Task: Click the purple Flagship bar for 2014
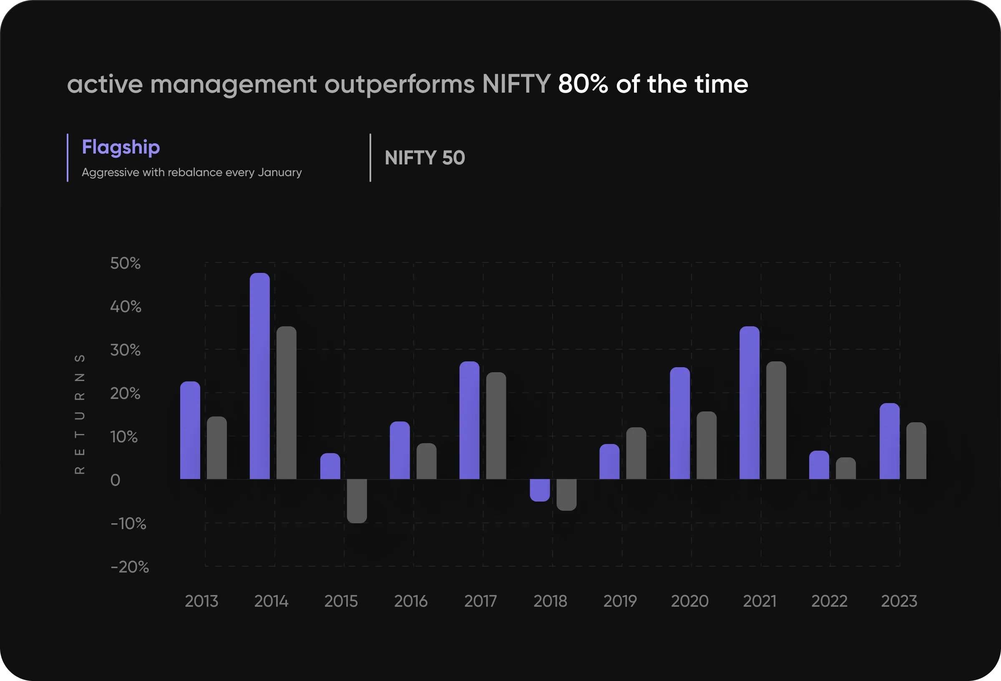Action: coord(260,376)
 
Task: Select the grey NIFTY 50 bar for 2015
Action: coord(357,501)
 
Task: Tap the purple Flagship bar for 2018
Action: coord(540,490)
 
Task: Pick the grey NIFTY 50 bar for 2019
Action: coord(636,453)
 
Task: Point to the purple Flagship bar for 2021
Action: coord(749,403)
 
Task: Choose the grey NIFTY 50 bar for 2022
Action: coord(846,468)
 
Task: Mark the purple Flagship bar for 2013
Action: coord(190,430)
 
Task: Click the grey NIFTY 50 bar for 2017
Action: coord(496,425)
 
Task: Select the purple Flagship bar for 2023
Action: coord(890,441)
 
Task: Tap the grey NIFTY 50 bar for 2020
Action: coord(707,445)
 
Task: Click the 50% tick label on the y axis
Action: coord(126,263)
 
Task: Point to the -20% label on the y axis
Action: coord(130,567)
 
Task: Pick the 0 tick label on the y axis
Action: coord(115,480)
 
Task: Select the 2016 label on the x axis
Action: coord(411,601)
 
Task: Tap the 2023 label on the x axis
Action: coord(899,601)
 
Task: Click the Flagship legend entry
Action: coord(121,147)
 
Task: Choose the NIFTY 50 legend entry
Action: coord(425,158)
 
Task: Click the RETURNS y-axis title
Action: coord(80,414)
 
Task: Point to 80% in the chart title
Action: coord(583,83)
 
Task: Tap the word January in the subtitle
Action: coord(279,172)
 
